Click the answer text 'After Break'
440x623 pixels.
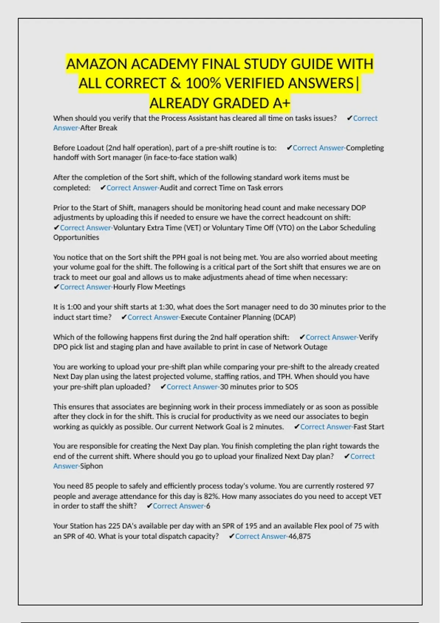[99, 128]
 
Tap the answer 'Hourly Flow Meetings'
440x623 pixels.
[149, 287]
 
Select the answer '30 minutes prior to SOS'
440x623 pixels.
[259, 387]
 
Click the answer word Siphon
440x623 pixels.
[92, 466]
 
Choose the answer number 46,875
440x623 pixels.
[300, 536]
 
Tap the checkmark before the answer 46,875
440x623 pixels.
[231, 536]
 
